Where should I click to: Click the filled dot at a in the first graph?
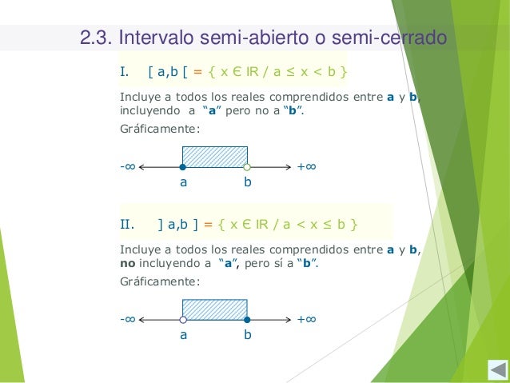click(x=182, y=167)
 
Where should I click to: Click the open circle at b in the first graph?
click(x=248, y=167)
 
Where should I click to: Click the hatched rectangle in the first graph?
click(x=215, y=157)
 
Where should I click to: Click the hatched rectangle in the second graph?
click(x=215, y=309)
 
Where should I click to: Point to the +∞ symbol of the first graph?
click(x=306, y=167)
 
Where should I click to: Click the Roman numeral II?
click(x=126, y=221)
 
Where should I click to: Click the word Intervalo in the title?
click(x=155, y=38)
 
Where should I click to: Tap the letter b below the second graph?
click(x=248, y=336)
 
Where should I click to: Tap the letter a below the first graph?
click(x=183, y=183)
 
